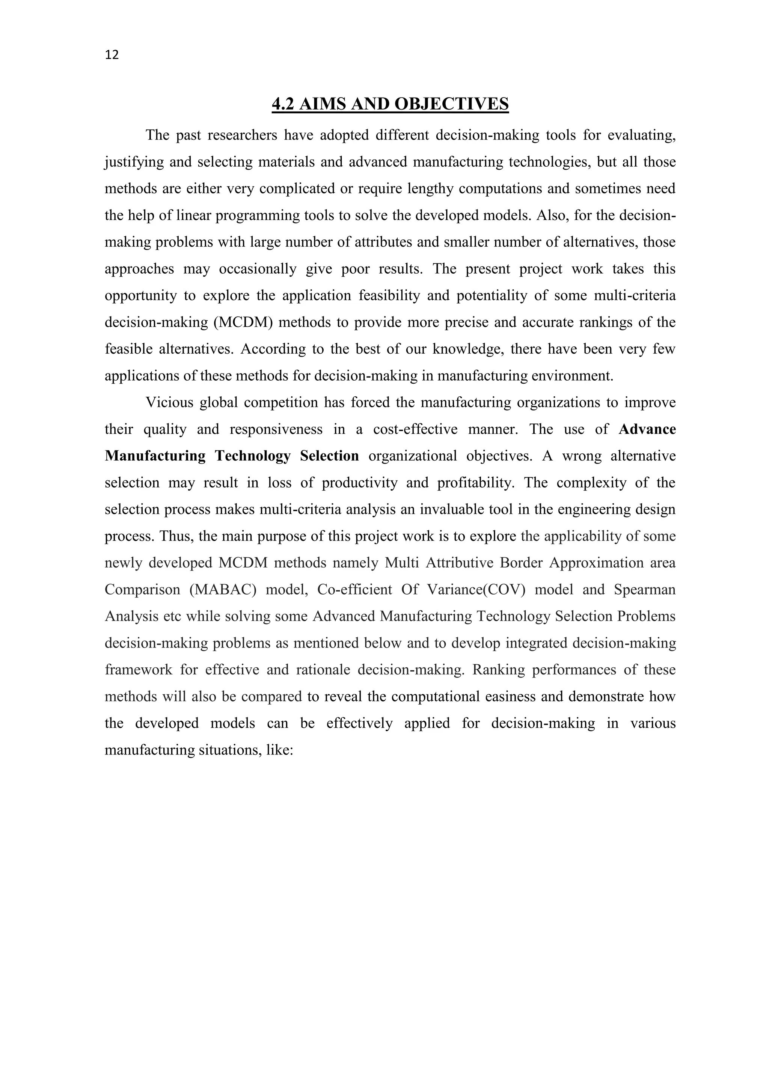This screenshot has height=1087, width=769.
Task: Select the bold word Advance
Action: click(647, 429)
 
